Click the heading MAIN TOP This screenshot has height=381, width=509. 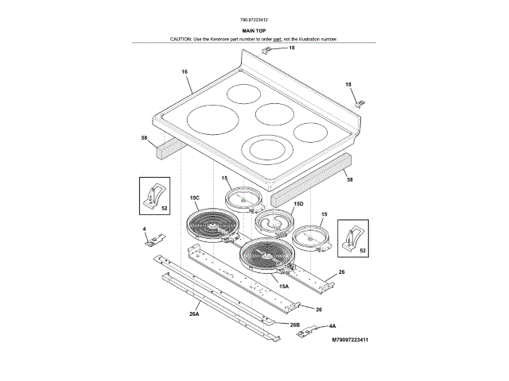coord(254,29)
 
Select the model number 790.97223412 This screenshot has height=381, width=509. coord(254,17)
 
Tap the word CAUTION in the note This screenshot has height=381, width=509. coord(182,39)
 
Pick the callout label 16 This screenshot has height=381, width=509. coord(185,72)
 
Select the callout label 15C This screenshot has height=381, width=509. coord(194,198)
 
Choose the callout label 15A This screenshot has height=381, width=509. coord(284,286)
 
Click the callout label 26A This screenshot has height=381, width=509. coord(193,314)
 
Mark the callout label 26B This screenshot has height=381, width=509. coord(294,325)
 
